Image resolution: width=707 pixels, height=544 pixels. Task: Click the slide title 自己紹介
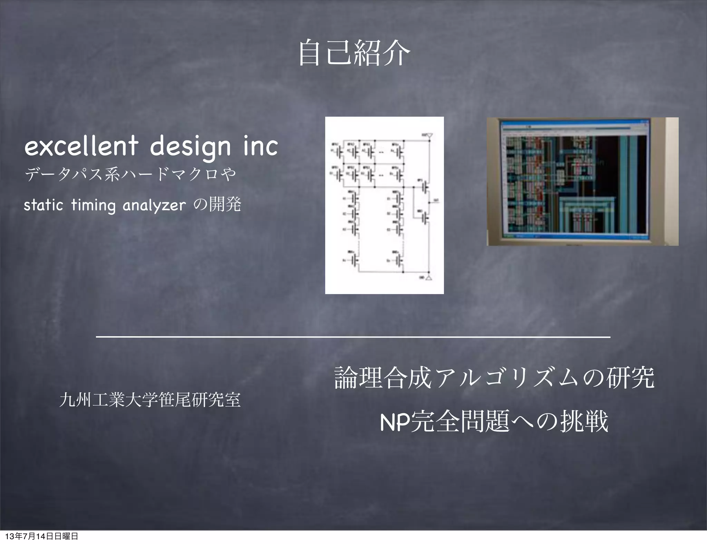tap(353, 53)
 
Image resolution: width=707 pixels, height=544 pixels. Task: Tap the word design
tap(190, 147)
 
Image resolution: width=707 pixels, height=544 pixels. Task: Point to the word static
tap(43, 205)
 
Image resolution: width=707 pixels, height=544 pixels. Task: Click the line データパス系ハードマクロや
tap(130, 174)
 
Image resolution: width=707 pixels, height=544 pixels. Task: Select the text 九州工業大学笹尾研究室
tap(150, 400)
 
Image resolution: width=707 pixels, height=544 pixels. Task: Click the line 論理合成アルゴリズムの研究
tap(494, 378)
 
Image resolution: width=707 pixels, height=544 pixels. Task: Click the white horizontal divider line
tap(353, 337)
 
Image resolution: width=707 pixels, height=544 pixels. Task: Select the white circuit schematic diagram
tap(384, 205)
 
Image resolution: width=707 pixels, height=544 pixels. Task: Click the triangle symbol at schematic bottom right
tap(429, 278)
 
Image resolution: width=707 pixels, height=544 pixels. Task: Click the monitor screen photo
tap(582, 182)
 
